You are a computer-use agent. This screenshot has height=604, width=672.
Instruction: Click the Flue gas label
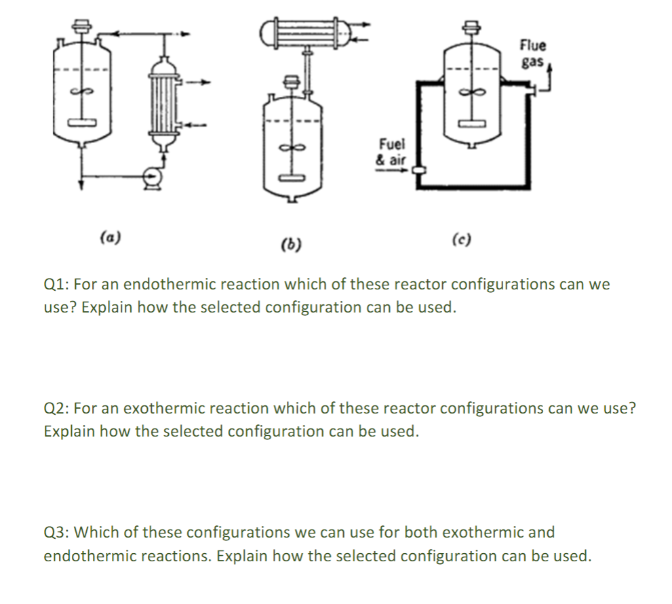point(533,54)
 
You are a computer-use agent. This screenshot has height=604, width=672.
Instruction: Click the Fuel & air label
point(391,153)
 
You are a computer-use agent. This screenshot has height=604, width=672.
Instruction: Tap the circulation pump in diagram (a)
point(153,178)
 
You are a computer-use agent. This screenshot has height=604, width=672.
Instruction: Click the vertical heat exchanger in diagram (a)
point(162,102)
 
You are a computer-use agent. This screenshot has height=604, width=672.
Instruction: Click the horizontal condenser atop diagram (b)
point(305,32)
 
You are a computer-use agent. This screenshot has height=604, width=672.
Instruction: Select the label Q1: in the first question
point(57,285)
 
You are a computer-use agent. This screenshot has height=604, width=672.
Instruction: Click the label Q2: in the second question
point(57,409)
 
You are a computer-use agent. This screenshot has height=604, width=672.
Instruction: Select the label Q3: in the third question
point(57,533)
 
